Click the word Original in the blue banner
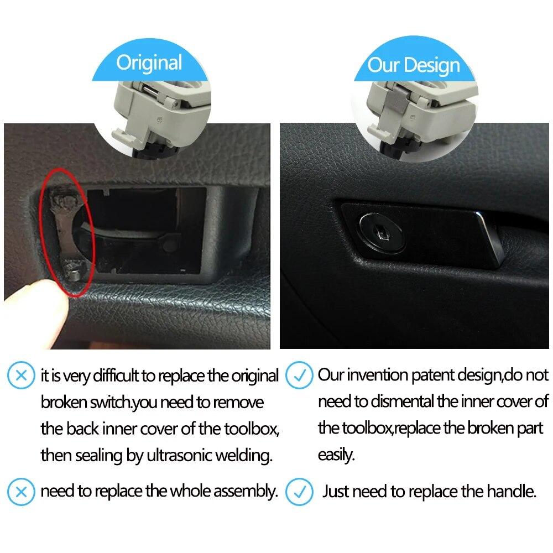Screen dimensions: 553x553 coord(149,62)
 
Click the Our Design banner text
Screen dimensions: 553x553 coord(414,65)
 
